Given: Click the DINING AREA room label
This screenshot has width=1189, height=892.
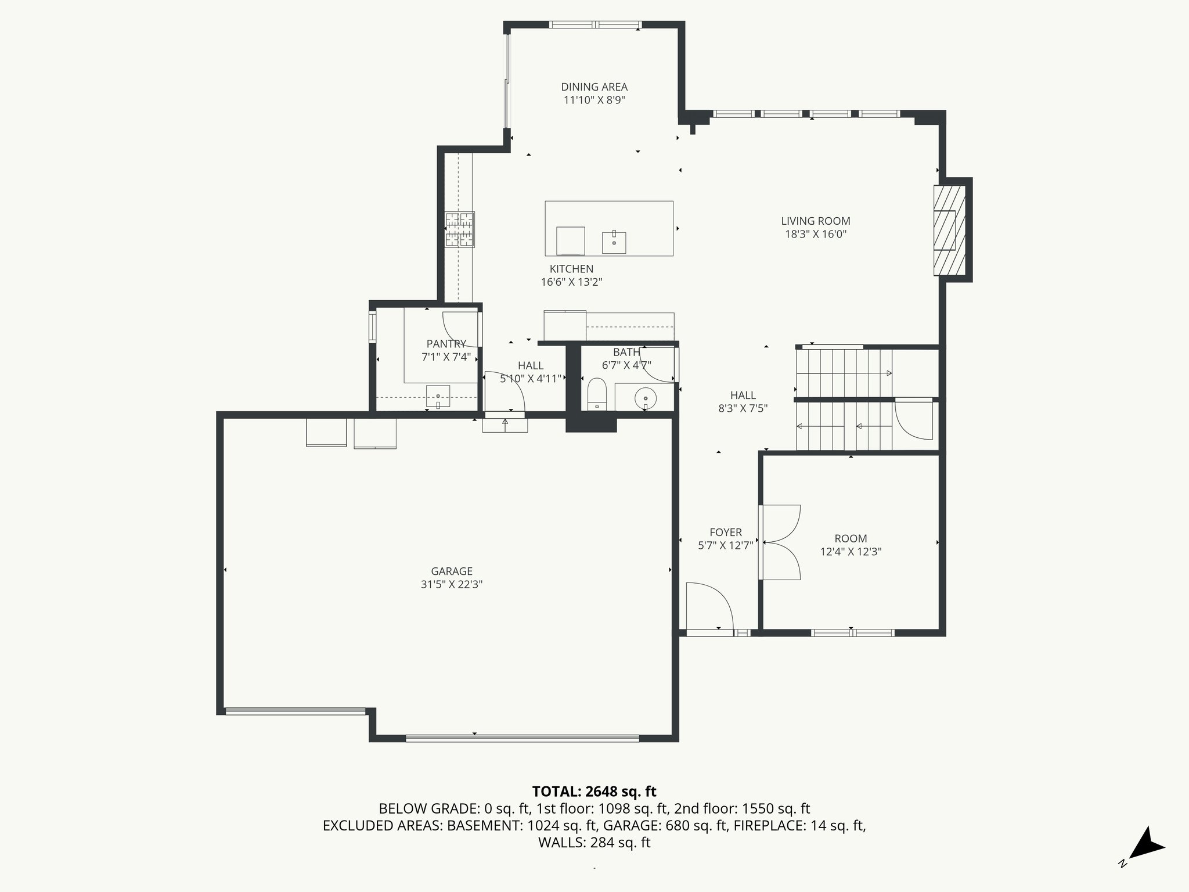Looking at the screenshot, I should pos(594,87).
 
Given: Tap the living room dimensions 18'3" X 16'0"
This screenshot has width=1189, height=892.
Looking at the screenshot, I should pos(815,235).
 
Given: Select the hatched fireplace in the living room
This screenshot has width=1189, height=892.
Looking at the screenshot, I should pos(950,230).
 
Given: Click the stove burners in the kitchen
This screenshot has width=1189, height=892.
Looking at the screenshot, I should pos(460,230).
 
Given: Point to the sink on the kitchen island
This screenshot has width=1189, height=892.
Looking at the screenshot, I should pos(614,242).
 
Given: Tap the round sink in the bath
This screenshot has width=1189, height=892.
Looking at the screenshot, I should pos(645,398).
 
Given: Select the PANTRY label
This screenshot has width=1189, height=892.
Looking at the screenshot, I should pos(446,344).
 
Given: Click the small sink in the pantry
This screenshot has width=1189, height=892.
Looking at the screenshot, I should pos(438,397).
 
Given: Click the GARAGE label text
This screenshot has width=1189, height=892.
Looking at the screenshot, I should pos(452,571).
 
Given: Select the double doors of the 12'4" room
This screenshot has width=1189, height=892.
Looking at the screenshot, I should pos(781,542).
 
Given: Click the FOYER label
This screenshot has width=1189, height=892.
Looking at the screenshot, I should pos(726,533).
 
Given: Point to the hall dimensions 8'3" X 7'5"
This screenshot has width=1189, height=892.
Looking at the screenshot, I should pos(743,409).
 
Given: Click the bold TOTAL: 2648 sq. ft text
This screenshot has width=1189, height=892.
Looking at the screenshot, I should pos(594,792).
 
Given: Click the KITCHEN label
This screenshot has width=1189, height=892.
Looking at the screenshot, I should pos(571,269).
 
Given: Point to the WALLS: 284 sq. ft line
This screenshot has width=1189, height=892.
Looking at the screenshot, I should pos(594,843).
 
